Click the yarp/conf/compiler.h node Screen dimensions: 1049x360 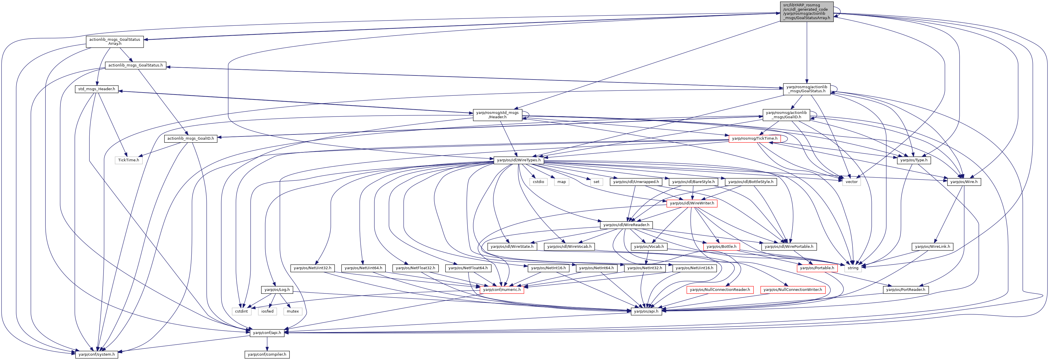[267, 354]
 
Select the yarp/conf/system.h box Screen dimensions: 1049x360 [97, 354]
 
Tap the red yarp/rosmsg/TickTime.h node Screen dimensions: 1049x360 [755, 139]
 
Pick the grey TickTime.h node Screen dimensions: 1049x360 [128, 160]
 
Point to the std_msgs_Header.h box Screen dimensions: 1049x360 [97, 89]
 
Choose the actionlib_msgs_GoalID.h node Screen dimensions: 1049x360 [191, 139]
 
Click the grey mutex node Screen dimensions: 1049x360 [293, 311]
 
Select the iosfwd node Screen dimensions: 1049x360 [267, 311]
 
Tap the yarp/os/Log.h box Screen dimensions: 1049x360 [277, 289]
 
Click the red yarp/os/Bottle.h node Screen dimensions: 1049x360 [721, 246]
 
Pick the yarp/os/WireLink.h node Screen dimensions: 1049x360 [932, 246]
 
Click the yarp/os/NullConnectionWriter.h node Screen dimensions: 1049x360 [793, 289]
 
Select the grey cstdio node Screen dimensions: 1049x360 [538, 182]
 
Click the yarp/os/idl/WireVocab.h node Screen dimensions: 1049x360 [569, 246]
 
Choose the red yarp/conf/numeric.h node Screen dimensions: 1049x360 [502, 289]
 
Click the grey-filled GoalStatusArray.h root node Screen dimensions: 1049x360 [807, 11]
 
